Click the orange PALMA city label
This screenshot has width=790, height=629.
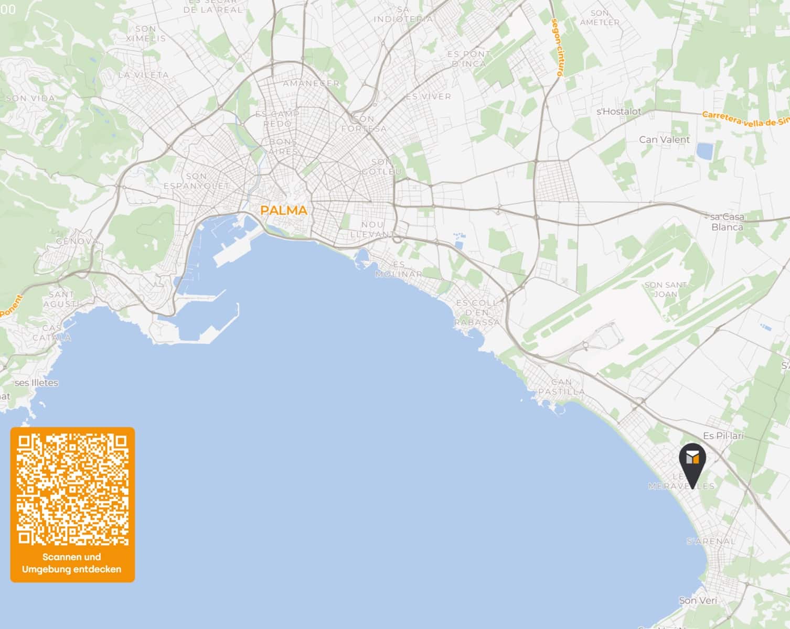tap(284, 211)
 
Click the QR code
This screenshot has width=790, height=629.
tap(72, 489)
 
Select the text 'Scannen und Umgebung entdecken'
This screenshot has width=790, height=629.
tap(72, 563)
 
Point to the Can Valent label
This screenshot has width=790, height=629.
tap(664, 139)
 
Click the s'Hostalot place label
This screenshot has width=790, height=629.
tap(619, 111)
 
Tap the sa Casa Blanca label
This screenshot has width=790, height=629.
tap(727, 222)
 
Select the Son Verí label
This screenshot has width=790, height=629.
tap(698, 600)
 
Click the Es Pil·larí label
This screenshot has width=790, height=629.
tap(723, 436)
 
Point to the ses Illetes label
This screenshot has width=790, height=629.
tap(36, 383)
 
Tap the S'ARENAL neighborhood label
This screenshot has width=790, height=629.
tap(711, 541)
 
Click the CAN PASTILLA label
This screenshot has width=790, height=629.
tap(561, 387)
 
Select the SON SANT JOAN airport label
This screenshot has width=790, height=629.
tap(666, 289)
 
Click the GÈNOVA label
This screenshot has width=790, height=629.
tap(77, 242)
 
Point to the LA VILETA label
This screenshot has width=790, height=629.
tap(143, 75)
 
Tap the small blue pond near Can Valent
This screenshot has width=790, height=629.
tap(704, 151)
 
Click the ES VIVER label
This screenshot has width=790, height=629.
tap(428, 96)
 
